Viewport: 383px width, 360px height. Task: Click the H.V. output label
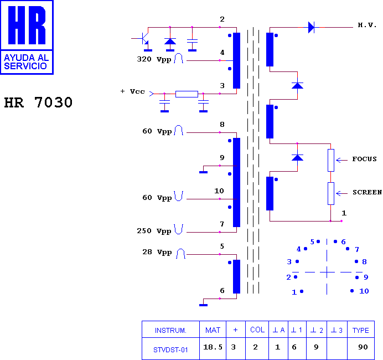pos(367,25)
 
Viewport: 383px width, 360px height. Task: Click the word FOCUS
pos(364,159)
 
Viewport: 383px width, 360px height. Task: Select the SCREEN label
pos(367,192)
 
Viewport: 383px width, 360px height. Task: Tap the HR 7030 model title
pos(38,102)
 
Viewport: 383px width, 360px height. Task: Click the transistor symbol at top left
pos(144,39)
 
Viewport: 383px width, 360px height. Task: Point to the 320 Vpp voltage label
pos(154,59)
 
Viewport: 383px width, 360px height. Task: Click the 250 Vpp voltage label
pos(154,231)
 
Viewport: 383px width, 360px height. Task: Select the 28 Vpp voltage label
pos(157,252)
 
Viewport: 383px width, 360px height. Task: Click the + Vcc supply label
pos(133,91)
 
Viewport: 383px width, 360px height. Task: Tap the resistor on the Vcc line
pos(187,94)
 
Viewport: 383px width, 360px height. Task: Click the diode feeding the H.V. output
pos(311,27)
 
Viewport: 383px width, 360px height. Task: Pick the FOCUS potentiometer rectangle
pos(331,160)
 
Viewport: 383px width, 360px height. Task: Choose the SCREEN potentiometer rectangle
pos(331,193)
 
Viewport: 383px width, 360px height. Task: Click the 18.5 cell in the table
pos(213,347)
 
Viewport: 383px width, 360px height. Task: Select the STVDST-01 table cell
pos(170,350)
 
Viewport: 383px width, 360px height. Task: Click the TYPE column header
pos(360,331)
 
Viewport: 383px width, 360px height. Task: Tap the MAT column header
pos(213,331)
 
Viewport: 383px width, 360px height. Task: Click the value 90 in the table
pos(363,347)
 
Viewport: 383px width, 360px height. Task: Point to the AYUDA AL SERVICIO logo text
pos(27,62)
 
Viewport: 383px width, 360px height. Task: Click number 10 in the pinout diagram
pos(364,291)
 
